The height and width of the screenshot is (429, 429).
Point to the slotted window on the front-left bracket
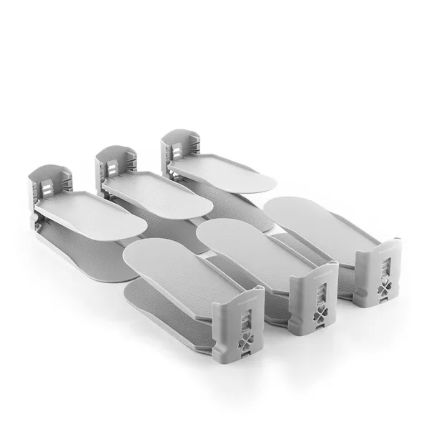(x=245, y=307)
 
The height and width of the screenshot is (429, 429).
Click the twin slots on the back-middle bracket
(x=112, y=167)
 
